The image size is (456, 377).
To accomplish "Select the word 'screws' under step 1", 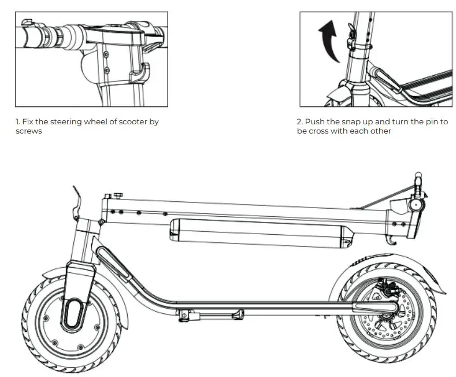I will [28, 131].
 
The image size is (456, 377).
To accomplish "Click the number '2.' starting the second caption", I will [300, 122].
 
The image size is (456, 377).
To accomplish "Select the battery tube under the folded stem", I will [261, 233].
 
